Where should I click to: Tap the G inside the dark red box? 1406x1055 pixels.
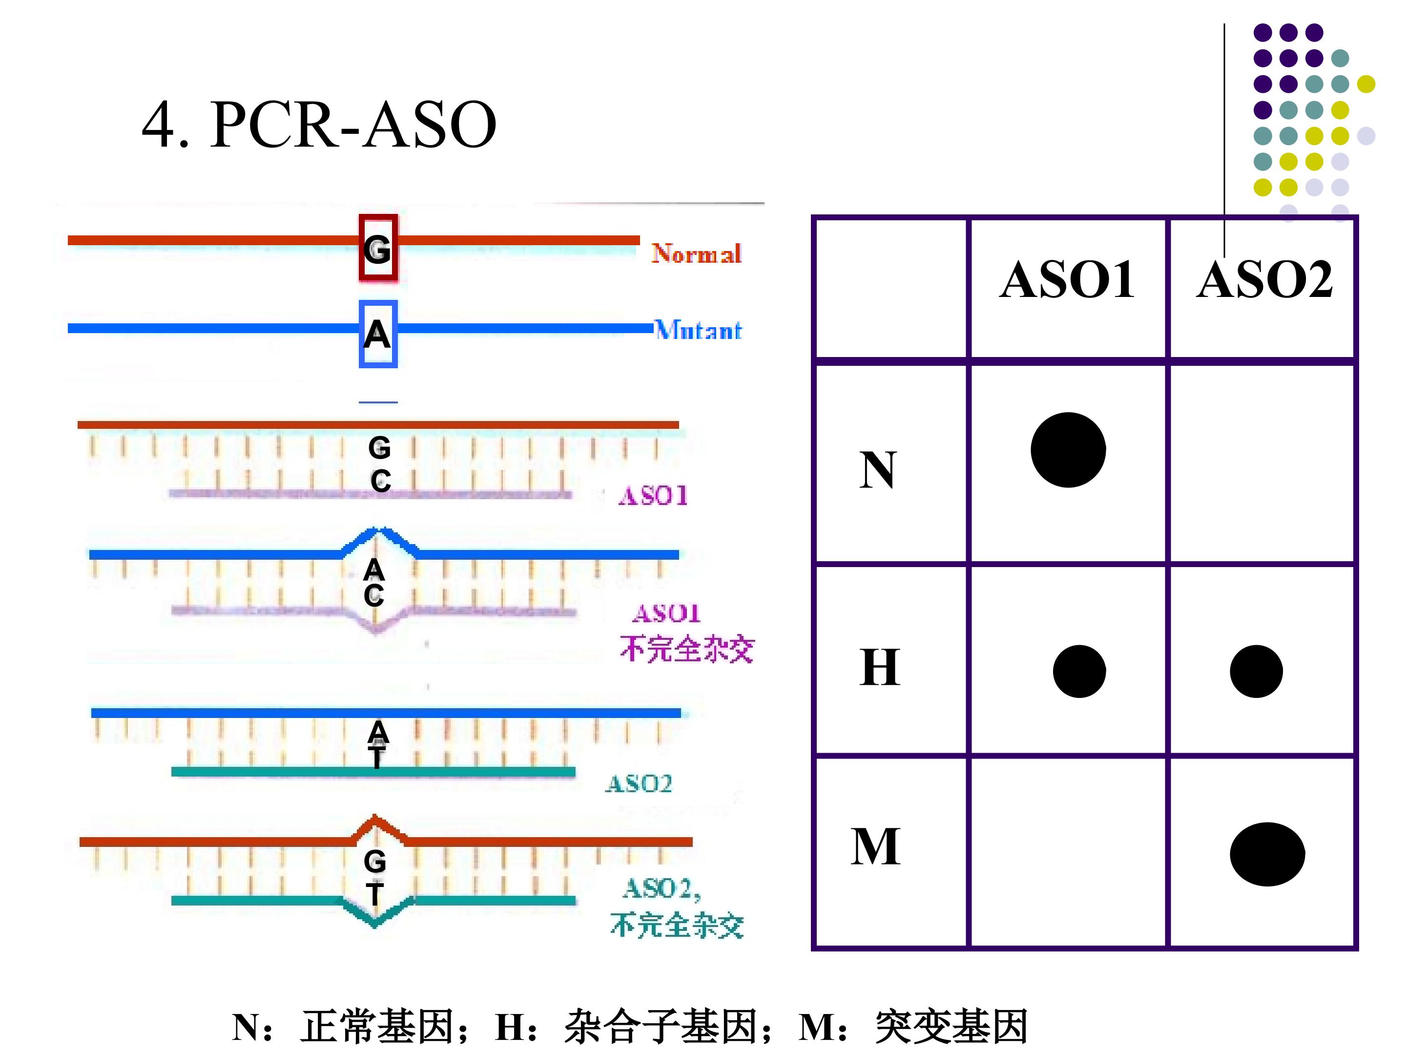click(377, 249)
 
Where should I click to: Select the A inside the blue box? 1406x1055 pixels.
click(377, 334)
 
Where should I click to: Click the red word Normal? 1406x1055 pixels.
click(696, 253)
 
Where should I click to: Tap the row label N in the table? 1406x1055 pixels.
click(878, 470)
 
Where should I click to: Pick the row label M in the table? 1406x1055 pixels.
click(876, 846)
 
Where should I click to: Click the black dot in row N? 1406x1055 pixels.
click(1068, 450)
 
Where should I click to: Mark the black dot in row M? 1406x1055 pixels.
click(1267, 854)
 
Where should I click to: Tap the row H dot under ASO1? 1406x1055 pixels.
click(1079, 672)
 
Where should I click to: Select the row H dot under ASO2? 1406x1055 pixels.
click(1256, 672)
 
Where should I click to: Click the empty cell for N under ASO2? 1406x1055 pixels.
click(1262, 464)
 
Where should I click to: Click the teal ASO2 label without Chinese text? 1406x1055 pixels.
click(638, 783)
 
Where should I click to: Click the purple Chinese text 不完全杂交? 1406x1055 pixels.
click(686, 649)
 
